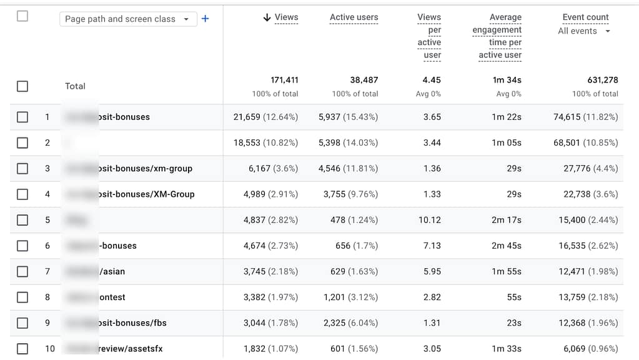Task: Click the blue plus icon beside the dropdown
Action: (x=205, y=19)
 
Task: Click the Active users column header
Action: (x=354, y=17)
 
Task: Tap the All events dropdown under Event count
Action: (x=584, y=31)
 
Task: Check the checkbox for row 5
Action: (x=22, y=220)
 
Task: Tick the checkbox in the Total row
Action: (x=22, y=86)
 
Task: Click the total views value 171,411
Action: (x=284, y=80)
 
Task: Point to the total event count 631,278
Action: (x=595, y=80)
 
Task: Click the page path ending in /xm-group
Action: (x=145, y=168)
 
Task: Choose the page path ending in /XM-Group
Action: (x=146, y=194)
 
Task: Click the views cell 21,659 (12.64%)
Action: (x=265, y=117)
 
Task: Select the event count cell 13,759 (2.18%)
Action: (x=588, y=297)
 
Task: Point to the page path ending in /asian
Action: (x=112, y=271)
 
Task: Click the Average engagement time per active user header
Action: (x=497, y=36)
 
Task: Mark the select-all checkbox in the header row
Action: (x=22, y=16)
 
